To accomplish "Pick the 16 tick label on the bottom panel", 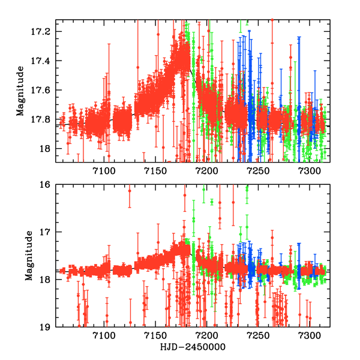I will pyautogui.click(x=46, y=185).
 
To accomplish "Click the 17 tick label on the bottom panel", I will pyautogui.click(x=46, y=232).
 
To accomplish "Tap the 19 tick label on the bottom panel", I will pyautogui.click(x=46, y=327).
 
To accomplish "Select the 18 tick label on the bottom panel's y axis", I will pyautogui.click(x=46, y=280).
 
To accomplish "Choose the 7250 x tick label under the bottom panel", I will pyautogui.click(x=259, y=337).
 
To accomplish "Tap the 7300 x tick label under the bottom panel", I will pyautogui.click(x=310, y=337).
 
